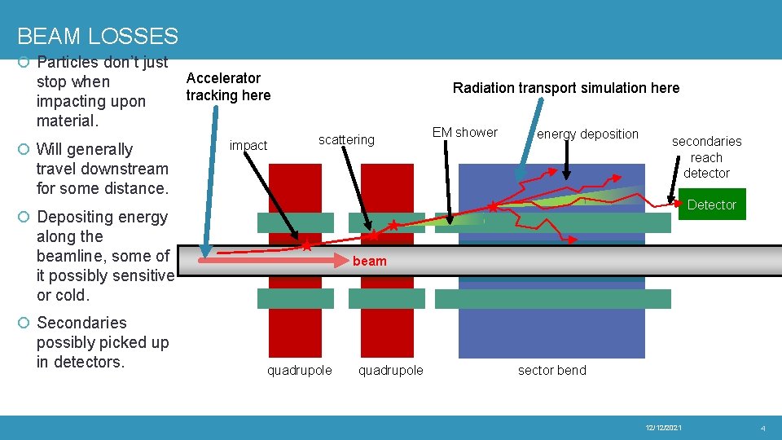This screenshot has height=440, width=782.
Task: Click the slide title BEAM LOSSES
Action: click(x=97, y=37)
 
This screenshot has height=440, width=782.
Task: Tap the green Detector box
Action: click(x=711, y=205)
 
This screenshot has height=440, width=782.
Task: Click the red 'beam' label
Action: click(x=370, y=261)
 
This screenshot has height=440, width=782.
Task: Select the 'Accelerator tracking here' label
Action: click(x=227, y=86)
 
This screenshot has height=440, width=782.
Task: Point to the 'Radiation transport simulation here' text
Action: click(x=565, y=88)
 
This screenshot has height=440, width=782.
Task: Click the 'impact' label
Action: click(x=248, y=145)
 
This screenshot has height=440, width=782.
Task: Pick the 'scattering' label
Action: click(x=346, y=139)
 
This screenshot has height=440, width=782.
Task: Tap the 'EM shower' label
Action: click(x=464, y=132)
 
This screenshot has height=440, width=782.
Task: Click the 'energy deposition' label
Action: click(x=587, y=134)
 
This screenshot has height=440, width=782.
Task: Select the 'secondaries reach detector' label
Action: click(x=706, y=157)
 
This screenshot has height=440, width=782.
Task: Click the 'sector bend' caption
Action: click(x=551, y=370)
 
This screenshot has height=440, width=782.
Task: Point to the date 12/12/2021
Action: click(x=663, y=428)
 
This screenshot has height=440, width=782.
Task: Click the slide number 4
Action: click(x=762, y=428)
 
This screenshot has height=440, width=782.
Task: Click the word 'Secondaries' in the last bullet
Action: click(x=81, y=323)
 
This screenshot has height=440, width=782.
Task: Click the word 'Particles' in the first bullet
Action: click(x=69, y=62)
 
